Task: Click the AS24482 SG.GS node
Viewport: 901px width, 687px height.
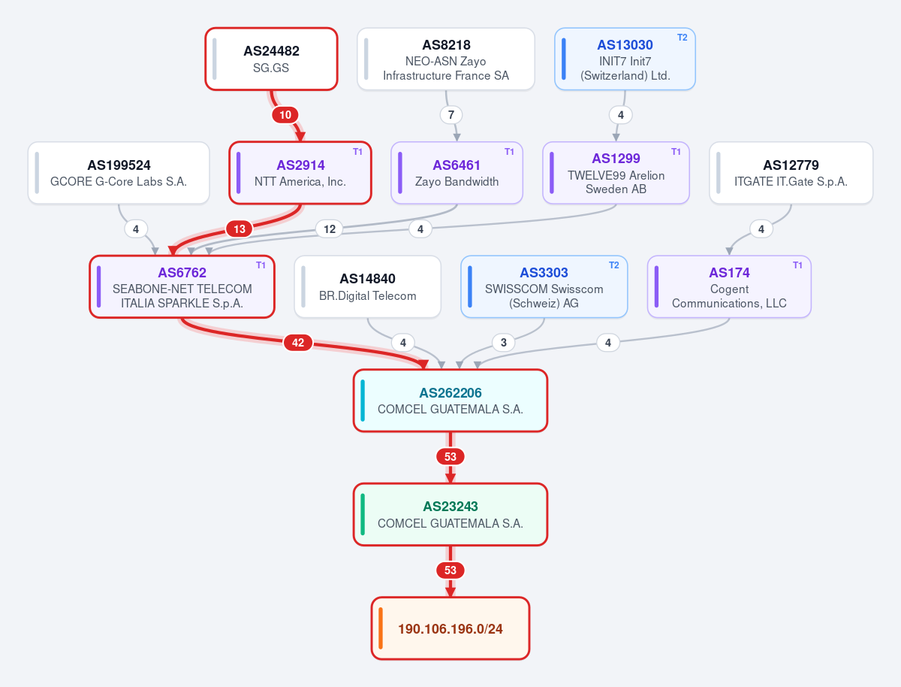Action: [271, 59]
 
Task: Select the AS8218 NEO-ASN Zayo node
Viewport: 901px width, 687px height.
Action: [446, 59]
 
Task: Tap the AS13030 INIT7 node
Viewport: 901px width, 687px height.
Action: [625, 59]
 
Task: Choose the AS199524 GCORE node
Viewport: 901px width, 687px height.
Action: [119, 173]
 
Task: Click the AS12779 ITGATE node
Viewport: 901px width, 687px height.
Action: [791, 173]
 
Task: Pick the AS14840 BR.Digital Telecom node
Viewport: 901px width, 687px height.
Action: [367, 286]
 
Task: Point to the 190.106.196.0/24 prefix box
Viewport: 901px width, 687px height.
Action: [450, 628]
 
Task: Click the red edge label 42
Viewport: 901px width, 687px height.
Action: [298, 342]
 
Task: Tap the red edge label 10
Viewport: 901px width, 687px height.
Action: [285, 115]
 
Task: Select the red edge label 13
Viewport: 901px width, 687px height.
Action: [240, 228]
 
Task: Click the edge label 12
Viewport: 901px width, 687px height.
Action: [330, 228]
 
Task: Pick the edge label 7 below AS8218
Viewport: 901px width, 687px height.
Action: [451, 115]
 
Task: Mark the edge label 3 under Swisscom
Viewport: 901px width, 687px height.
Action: [504, 342]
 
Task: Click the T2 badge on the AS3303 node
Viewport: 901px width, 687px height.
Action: [613, 265]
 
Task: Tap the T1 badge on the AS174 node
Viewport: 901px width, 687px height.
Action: [797, 265]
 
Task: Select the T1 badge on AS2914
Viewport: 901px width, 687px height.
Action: [357, 152]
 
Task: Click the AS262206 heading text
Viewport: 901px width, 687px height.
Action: [450, 393]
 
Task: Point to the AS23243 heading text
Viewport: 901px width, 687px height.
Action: [450, 506]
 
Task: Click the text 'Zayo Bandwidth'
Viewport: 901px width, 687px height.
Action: [457, 181]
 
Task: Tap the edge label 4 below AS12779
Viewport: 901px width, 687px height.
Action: [761, 228]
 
